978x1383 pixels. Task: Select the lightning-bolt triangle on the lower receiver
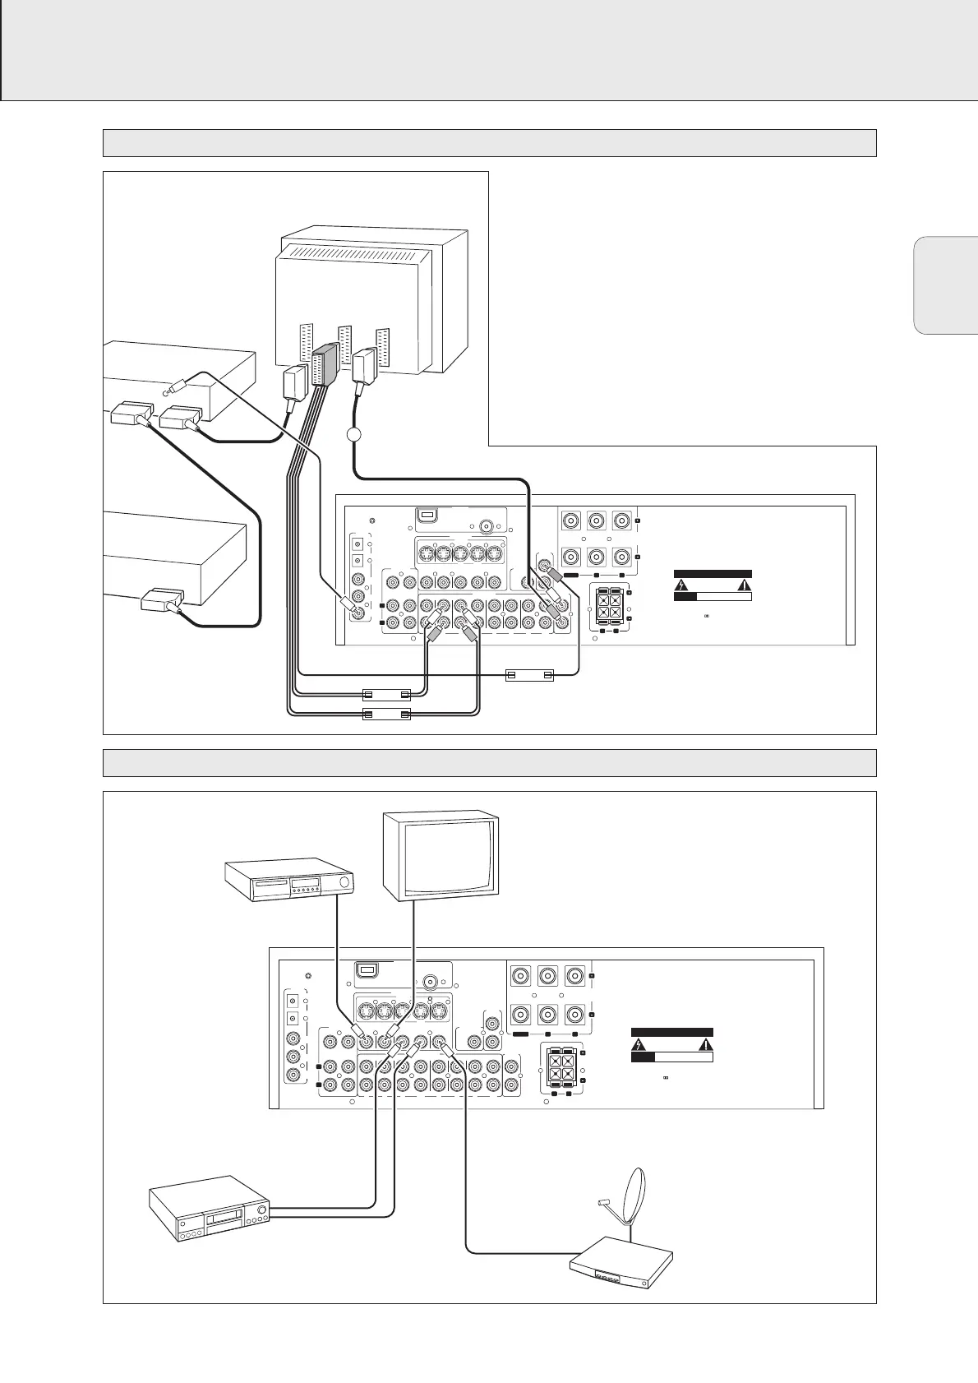click(639, 1046)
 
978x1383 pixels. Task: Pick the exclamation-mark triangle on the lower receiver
click(704, 1046)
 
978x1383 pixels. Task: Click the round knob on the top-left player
click(344, 884)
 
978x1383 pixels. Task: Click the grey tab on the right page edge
click(945, 284)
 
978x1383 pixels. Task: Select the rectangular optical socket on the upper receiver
click(426, 516)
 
